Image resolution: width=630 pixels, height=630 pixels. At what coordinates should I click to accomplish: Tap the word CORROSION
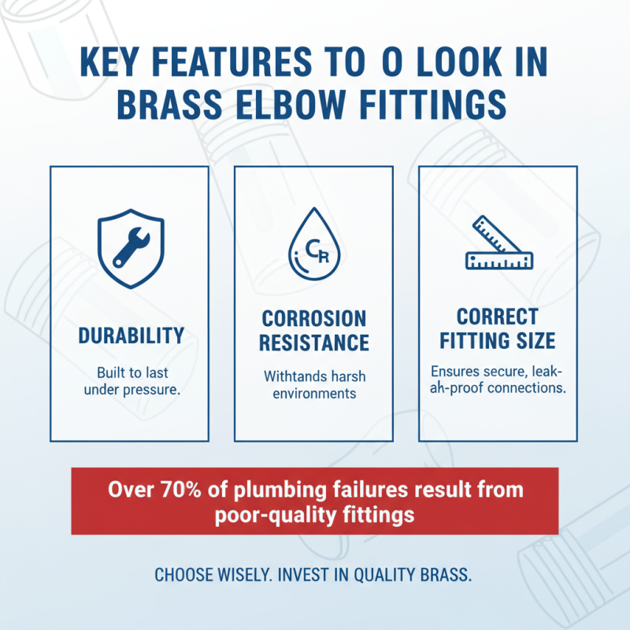click(x=313, y=318)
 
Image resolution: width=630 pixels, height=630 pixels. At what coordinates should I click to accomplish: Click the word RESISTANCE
click(x=313, y=343)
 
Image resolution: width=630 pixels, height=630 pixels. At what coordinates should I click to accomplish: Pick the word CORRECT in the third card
click(x=497, y=317)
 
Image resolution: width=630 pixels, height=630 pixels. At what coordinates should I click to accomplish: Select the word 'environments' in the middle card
click(x=313, y=393)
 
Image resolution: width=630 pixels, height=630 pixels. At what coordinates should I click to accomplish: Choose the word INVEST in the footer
click(x=308, y=573)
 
